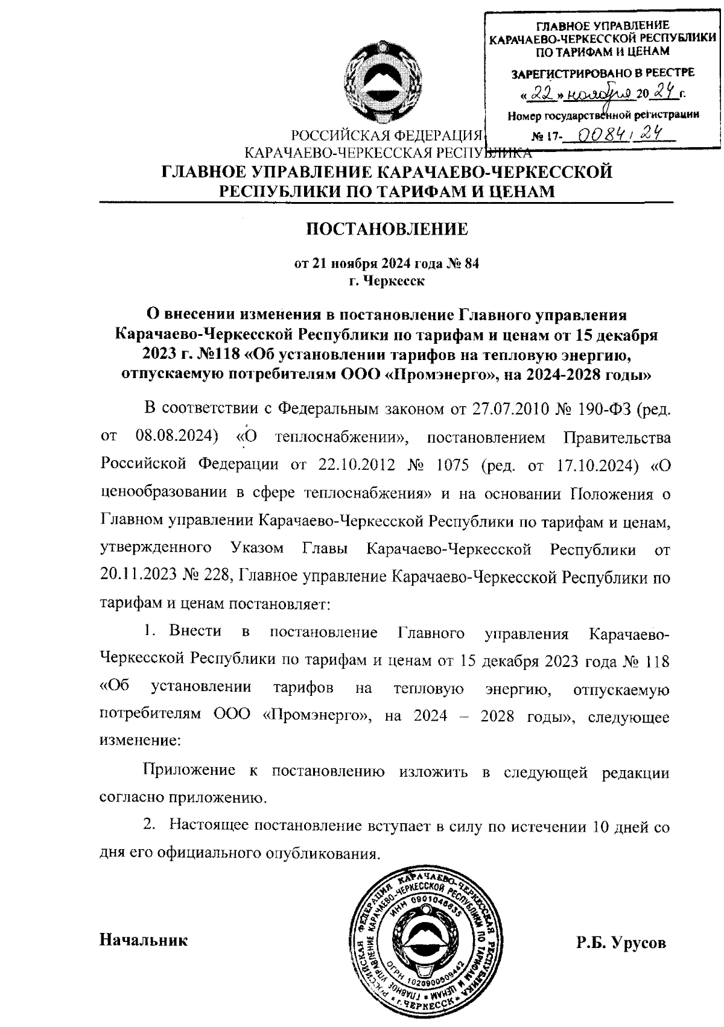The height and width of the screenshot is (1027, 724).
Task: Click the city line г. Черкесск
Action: (x=386, y=281)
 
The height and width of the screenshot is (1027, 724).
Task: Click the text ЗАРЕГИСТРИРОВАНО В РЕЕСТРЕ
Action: (x=603, y=74)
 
